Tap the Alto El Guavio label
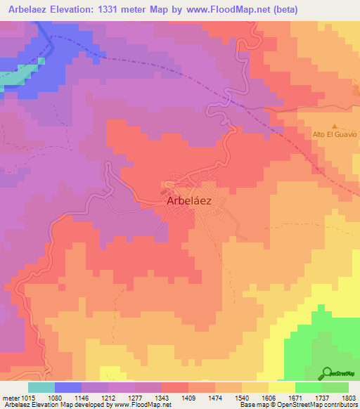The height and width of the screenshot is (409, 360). coord(335,134)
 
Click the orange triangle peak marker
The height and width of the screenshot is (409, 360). coord(335,124)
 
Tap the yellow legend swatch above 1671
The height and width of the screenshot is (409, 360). coord(281,387)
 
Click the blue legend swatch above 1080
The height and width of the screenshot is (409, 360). coord(67,387)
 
